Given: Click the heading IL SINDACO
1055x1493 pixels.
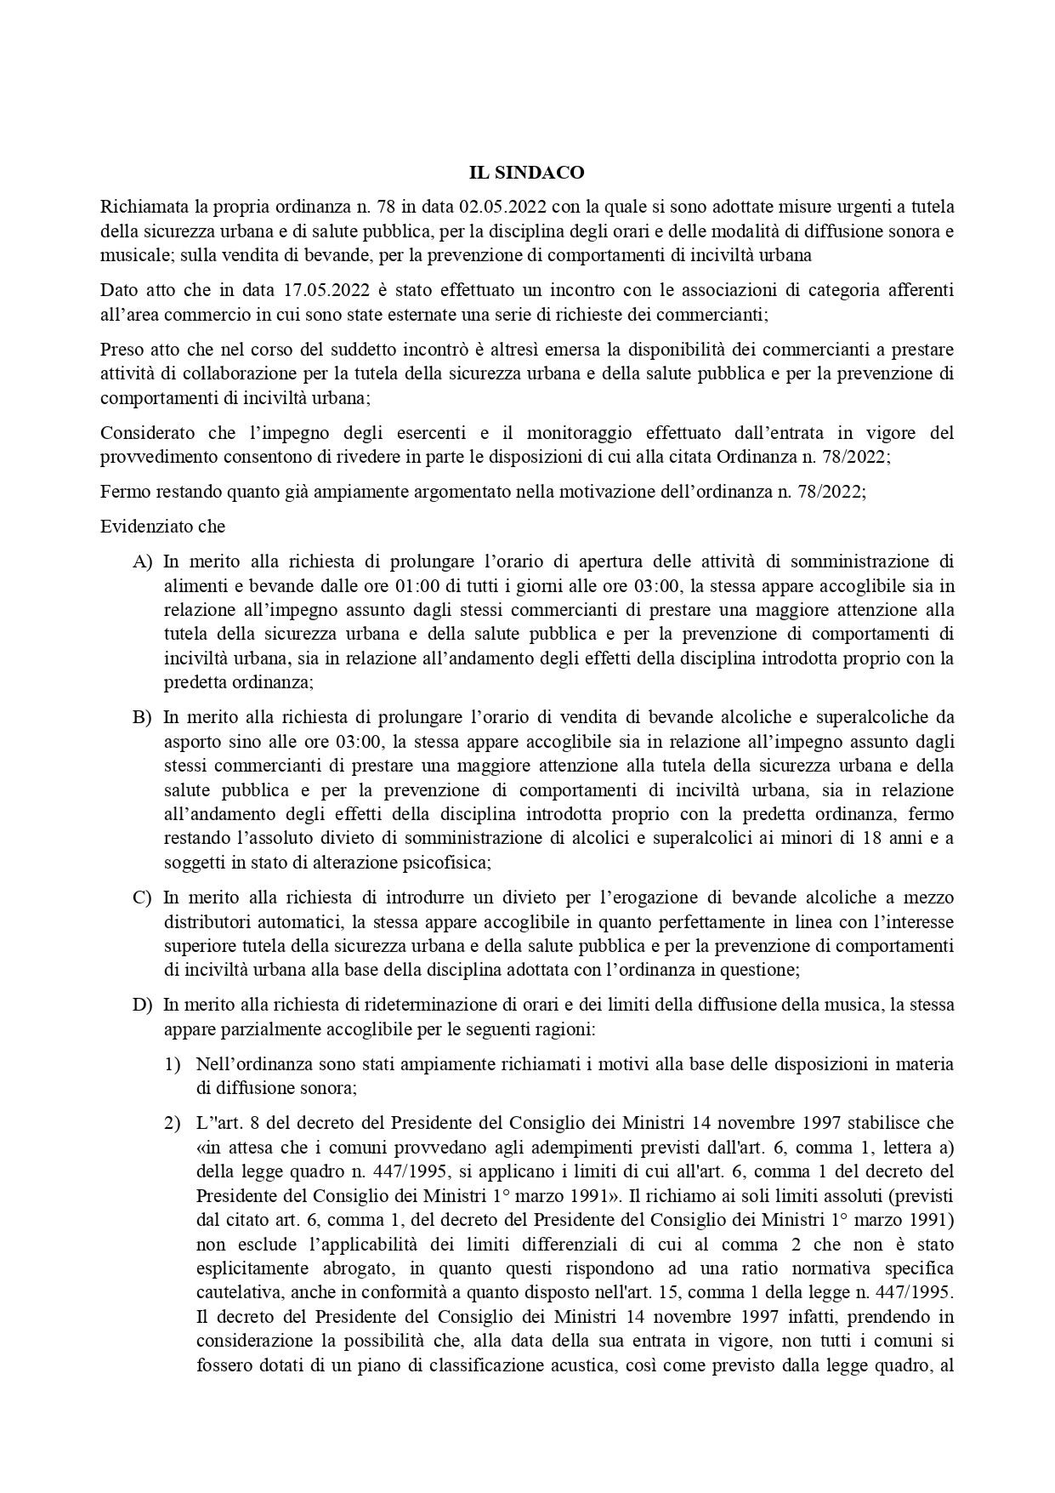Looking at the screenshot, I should tap(527, 173).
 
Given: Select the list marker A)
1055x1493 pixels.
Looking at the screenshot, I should tap(142, 561).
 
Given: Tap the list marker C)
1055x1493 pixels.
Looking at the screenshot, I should tap(142, 898).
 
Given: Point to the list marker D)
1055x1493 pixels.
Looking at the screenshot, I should tap(142, 1005).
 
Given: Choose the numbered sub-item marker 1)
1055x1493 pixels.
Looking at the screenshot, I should tap(173, 1064).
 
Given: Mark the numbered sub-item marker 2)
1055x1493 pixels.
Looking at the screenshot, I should tap(173, 1123).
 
